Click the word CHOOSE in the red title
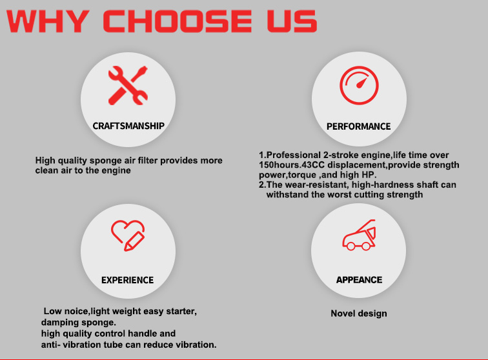pyautogui.click(x=177, y=21)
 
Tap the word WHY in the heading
pyautogui.click(x=48, y=21)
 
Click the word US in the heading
pyautogui.click(x=292, y=21)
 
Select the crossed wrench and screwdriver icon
pyautogui.click(x=128, y=85)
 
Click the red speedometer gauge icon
pyautogui.click(x=359, y=85)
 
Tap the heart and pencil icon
pyautogui.click(x=128, y=235)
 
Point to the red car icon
pyautogui.click(x=359, y=235)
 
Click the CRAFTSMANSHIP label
pyautogui.click(x=128, y=126)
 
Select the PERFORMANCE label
pyautogui.click(x=358, y=126)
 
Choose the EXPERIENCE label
pyautogui.click(x=128, y=280)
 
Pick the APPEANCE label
pyautogui.click(x=359, y=280)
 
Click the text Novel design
pyautogui.click(x=359, y=314)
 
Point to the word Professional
pyautogui.click(x=294, y=155)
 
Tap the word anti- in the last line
pyautogui.click(x=49, y=345)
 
